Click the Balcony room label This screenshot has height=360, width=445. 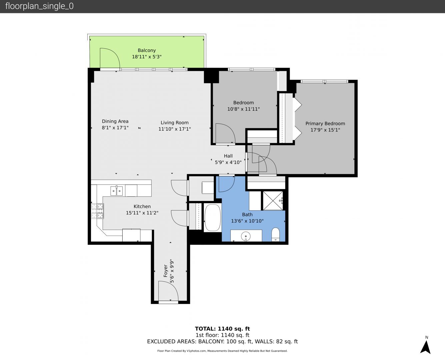tap(147, 50)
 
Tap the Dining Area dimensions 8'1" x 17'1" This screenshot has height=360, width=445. tap(115, 128)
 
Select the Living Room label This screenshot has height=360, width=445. tap(174, 123)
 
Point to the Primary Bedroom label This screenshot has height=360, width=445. tap(325, 124)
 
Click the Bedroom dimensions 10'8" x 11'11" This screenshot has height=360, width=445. tap(243, 109)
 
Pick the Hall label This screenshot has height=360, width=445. tap(228, 156)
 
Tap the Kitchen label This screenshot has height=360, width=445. tap(142, 206)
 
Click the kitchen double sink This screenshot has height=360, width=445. tap(117, 191)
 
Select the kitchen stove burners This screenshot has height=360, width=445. tap(97, 211)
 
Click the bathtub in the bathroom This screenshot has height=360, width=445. tap(213, 217)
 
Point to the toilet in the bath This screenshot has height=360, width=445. tap(276, 234)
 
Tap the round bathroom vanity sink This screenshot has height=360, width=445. tap(246, 236)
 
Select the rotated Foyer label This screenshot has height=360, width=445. tap(165, 271)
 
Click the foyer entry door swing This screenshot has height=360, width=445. tap(168, 291)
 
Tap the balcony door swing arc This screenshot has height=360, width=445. tap(110, 58)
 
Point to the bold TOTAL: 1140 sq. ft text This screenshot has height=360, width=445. tap(222, 329)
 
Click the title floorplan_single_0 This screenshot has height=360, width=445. tap(39, 6)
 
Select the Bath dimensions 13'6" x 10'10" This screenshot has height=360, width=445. tap(247, 221)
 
